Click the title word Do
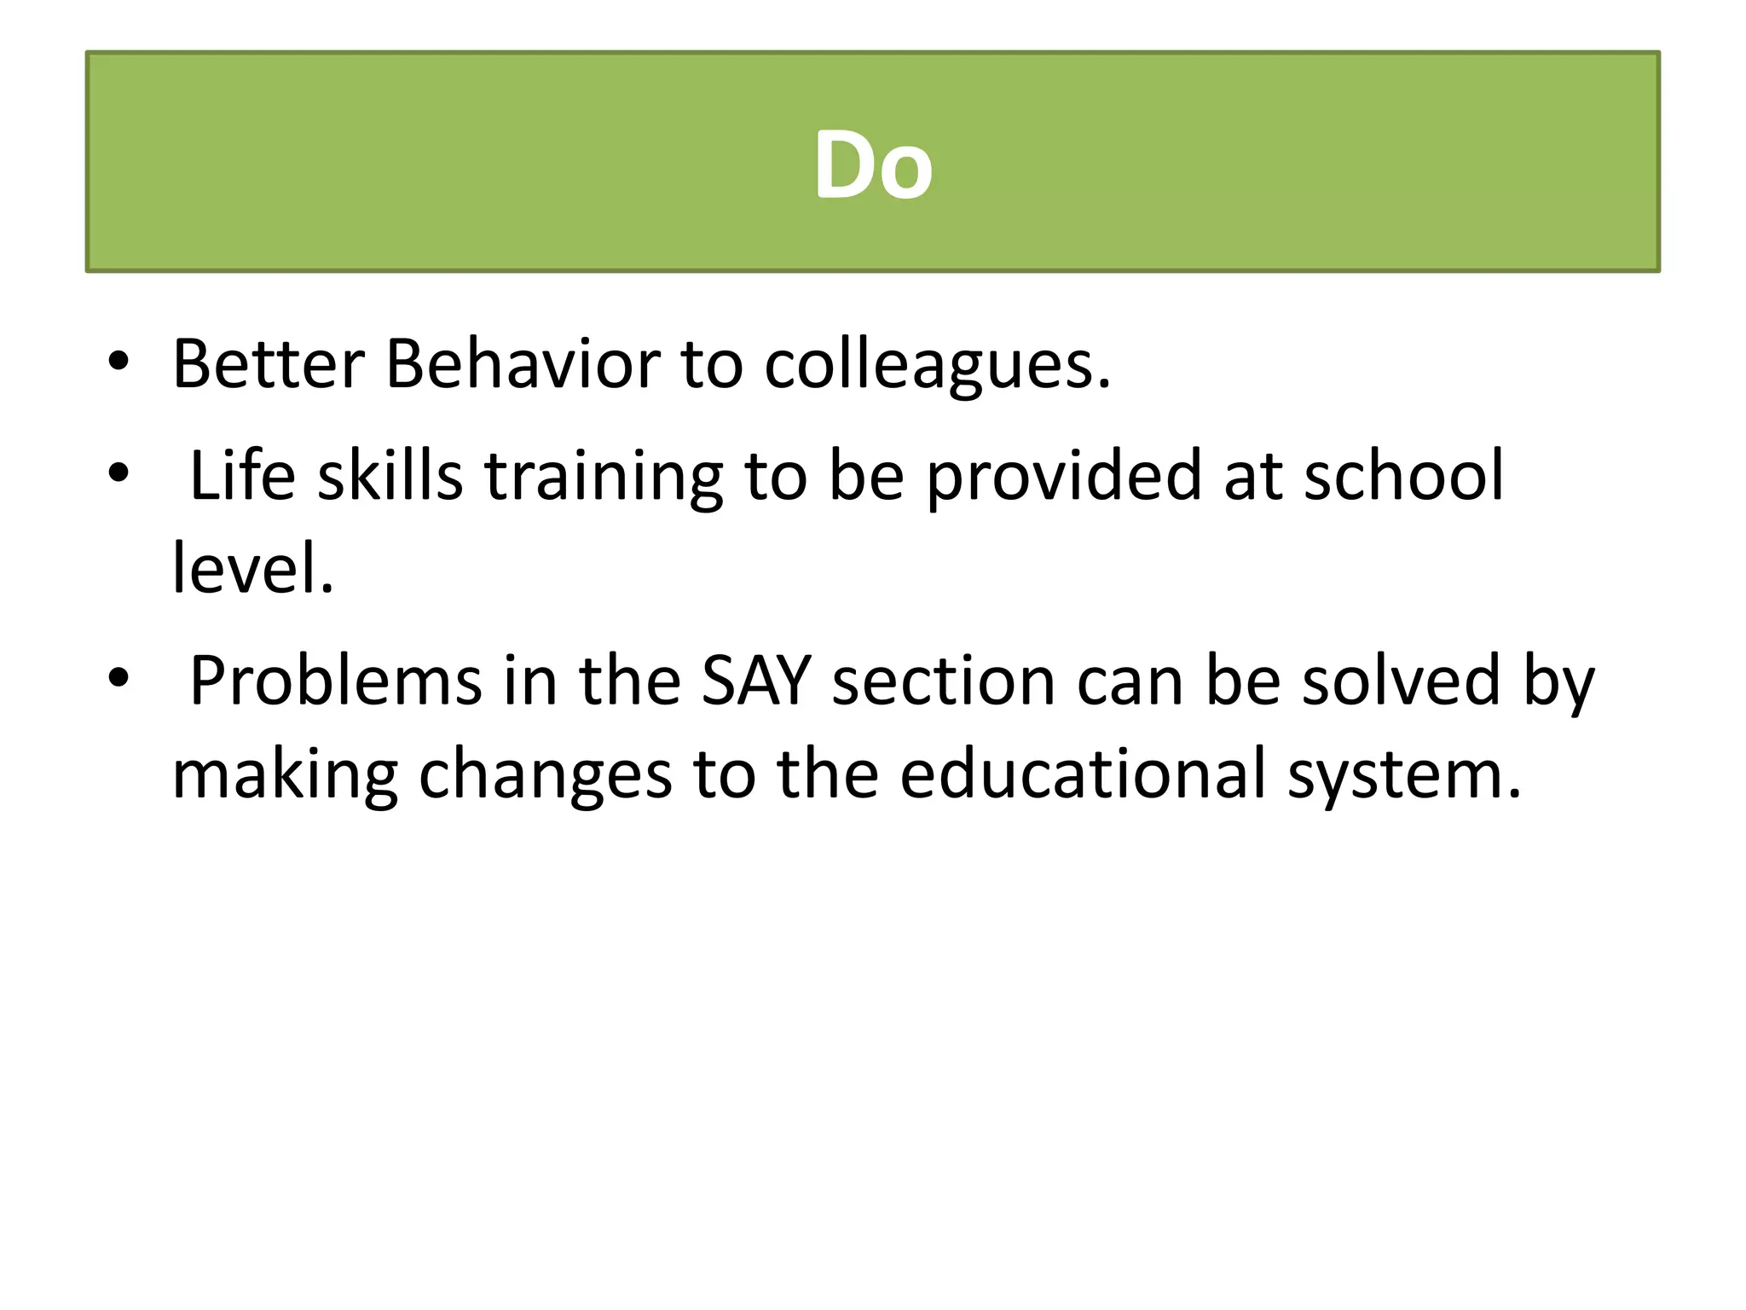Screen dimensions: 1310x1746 (873, 165)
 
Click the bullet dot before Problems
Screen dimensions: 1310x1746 (119, 677)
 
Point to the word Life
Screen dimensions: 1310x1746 (242, 475)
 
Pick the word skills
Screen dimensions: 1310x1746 (390, 475)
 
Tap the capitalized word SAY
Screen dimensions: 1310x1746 (755, 681)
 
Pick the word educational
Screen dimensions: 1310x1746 (1083, 774)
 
